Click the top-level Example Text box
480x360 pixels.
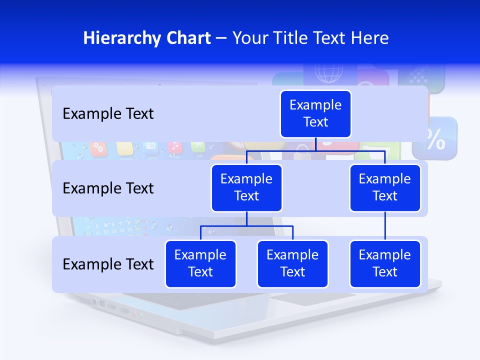click(315, 114)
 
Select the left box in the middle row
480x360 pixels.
click(246, 188)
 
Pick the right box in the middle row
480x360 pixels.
click(385, 188)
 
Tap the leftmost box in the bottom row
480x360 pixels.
click(200, 264)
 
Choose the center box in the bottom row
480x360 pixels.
click(292, 264)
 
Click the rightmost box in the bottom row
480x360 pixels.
click(385, 264)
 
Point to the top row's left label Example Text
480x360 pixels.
click(108, 114)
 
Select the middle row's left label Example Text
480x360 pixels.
click(108, 188)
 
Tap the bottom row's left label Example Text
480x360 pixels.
click(108, 264)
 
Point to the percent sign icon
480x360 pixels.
click(435, 140)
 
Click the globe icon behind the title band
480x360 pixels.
click(328, 73)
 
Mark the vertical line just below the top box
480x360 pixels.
click(315, 144)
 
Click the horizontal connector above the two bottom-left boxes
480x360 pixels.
click(246, 226)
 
